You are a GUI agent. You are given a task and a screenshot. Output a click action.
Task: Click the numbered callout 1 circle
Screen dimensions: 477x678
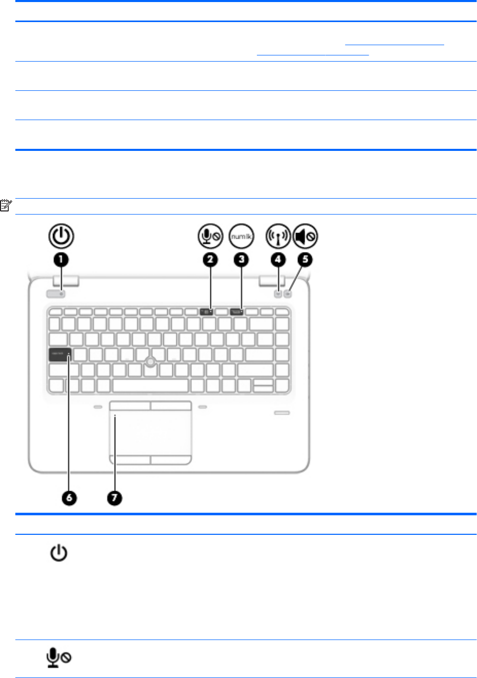[61, 259]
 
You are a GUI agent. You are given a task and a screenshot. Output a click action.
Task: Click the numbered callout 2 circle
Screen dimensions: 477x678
[210, 259]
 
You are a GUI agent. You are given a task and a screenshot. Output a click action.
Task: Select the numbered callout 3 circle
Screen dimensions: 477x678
[241, 259]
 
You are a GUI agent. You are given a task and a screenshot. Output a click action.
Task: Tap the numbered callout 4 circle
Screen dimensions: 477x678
[278, 259]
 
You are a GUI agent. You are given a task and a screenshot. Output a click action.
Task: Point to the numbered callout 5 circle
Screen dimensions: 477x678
[305, 259]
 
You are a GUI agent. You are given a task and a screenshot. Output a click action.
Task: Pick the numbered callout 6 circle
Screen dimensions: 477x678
[69, 497]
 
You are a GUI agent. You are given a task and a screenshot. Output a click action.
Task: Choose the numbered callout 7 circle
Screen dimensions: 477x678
[114, 497]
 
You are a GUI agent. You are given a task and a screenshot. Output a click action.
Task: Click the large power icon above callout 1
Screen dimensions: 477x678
[61, 237]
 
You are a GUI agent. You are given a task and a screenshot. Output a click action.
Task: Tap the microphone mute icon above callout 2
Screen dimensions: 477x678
[210, 237]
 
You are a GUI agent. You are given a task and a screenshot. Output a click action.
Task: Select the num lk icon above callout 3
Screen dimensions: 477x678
[241, 237]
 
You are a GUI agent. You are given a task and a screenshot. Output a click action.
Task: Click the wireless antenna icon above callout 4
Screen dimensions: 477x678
[278, 237]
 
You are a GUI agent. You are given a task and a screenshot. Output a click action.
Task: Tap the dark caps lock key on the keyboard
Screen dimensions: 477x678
[59, 354]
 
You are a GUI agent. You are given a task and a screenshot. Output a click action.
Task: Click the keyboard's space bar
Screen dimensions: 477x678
[150, 385]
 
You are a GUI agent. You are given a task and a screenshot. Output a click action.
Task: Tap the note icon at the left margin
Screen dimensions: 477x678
[6, 206]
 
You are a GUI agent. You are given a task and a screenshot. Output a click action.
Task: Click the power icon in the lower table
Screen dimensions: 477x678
[59, 553]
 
